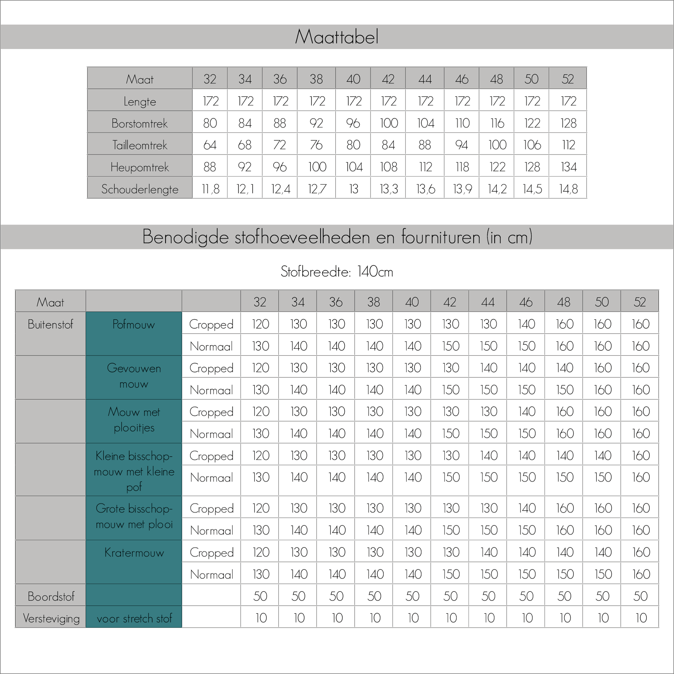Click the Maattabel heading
point(337,37)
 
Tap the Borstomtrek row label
point(140,123)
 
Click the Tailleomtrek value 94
point(461,145)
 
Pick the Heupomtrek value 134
point(568,167)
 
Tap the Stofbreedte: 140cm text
point(337,272)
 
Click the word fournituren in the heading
point(441,237)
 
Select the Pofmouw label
point(134,324)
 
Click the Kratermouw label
point(134,553)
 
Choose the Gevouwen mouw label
point(134,376)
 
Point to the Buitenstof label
point(50,324)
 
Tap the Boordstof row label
point(51,597)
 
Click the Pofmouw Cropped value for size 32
point(260,324)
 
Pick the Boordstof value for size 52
point(640,596)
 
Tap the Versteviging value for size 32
point(261,618)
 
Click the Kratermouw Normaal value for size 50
point(603,574)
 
